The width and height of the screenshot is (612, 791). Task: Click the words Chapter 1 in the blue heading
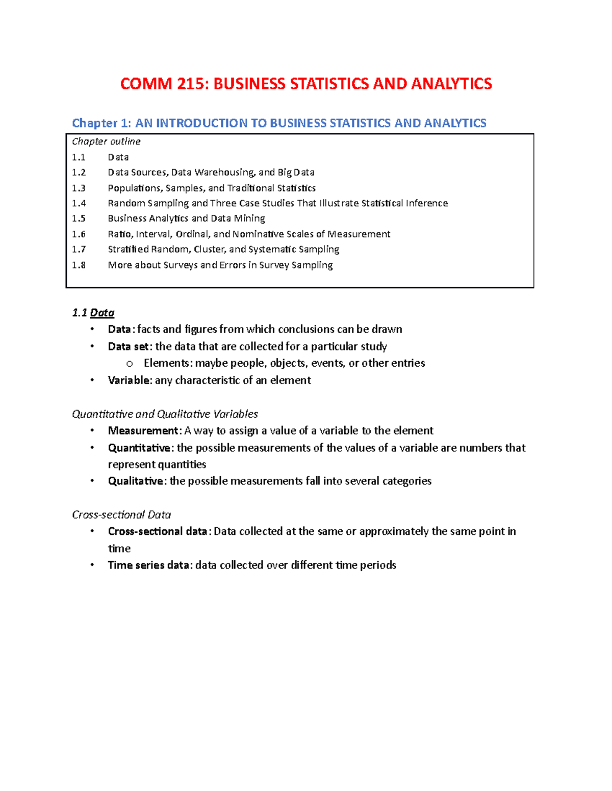pyautogui.click(x=101, y=123)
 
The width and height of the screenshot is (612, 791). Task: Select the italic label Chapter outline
pyautogui.click(x=106, y=142)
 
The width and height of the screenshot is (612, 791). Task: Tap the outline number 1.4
pyautogui.click(x=79, y=203)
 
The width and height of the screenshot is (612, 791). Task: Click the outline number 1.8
pyautogui.click(x=79, y=265)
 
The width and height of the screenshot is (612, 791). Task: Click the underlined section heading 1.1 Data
pyautogui.click(x=93, y=313)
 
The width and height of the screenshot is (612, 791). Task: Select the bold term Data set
pyautogui.click(x=129, y=347)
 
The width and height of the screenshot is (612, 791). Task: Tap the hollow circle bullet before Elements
pyautogui.click(x=130, y=364)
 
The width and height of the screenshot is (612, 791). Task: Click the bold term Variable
pyautogui.click(x=129, y=380)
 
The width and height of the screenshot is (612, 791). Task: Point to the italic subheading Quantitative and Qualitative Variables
pyautogui.click(x=165, y=414)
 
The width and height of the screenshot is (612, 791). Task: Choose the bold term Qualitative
pyautogui.click(x=135, y=481)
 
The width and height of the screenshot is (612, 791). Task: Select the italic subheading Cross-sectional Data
pyautogui.click(x=121, y=515)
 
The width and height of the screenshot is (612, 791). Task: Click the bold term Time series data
pyautogui.click(x=148, y=565)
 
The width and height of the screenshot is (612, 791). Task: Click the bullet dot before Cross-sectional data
pyautogui.click(x=92, y=531)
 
